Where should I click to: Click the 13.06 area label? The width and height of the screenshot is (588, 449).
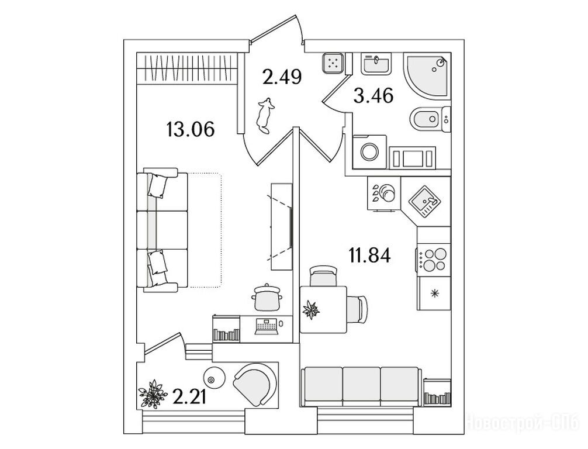[x=191, y=130]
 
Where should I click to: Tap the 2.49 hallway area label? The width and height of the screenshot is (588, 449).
[x=282, y=77]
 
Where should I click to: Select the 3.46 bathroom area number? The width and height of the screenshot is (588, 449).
[x=373, y=96]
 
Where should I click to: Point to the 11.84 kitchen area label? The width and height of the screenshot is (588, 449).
[x=370, y=255]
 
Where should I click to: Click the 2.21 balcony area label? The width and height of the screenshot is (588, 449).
[x=190, y=396]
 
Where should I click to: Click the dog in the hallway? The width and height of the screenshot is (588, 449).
[x=264, y=116]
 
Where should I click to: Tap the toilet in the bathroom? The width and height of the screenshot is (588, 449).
[x=431, y=119]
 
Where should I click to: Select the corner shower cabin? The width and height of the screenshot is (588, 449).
[x=427, y=76]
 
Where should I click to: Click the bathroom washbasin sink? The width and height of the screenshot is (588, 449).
[x=376, y=64]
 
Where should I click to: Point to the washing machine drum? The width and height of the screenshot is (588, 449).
[x=369, y=151]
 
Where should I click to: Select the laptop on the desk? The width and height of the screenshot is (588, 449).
[x=267, y=327]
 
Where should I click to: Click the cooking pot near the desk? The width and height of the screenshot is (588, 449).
[x=267, y=297]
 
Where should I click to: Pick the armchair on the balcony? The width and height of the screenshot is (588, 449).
[x=255, y=384]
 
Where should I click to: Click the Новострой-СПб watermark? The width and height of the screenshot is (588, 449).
[x=525, y=424]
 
